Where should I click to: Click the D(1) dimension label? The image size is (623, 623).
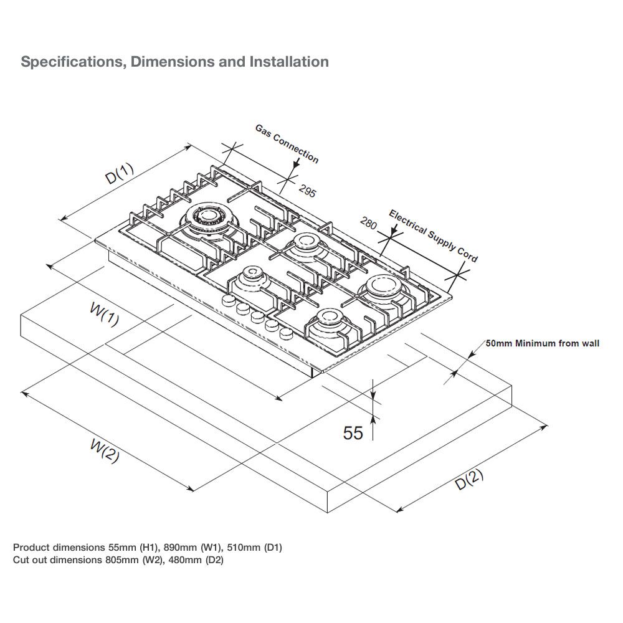[118, 174]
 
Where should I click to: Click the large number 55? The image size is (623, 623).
[353, 432]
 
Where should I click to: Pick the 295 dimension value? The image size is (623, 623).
[307, 191]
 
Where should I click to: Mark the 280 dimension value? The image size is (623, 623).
[369, 223]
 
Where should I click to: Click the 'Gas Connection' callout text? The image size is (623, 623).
[287, 143]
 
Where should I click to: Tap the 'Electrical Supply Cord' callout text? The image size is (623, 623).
[434, 235]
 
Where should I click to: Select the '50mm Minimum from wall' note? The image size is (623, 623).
[542, 343]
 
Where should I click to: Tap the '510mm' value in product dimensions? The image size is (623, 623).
[245, 548]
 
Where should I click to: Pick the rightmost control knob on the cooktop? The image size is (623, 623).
[286, 333]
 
